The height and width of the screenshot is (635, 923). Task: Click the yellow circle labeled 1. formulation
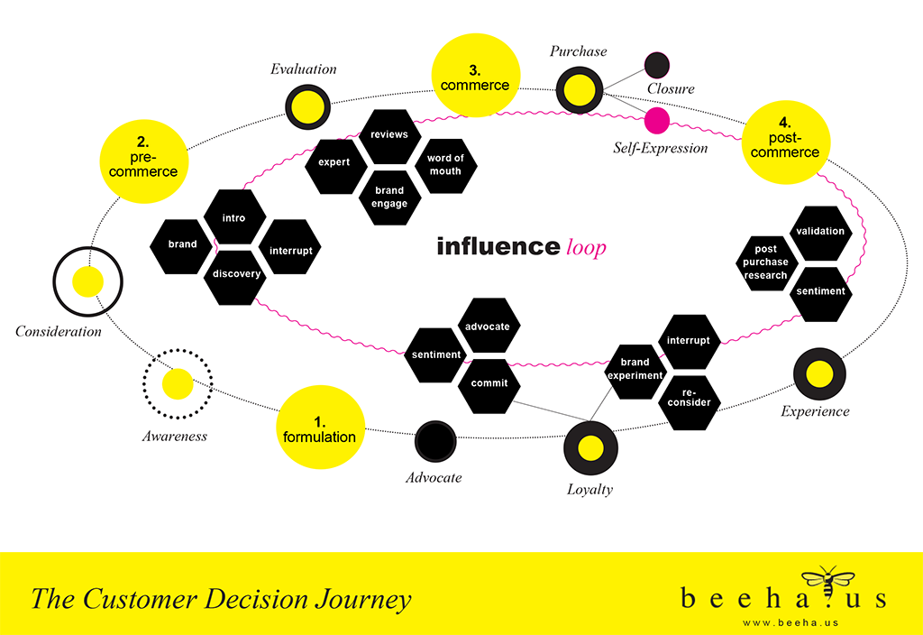(x=319, y=428)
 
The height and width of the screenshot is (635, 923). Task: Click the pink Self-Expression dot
(x=656, y=120)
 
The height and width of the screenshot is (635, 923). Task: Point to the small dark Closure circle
(x=657, y=64)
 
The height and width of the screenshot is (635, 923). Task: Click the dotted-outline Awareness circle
(x=178, y=384)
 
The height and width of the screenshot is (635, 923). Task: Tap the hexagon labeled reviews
(x=389, y=134)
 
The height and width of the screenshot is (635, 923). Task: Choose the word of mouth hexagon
(x=445, y=164)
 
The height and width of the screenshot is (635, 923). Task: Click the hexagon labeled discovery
(x=236, y=274)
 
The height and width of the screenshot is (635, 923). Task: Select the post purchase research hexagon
(x=765, y=262)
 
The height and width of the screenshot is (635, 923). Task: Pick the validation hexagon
(x=820, y=231)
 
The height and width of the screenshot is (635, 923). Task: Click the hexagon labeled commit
(x=489, y=382)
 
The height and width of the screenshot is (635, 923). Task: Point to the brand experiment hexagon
(x=635, y=369)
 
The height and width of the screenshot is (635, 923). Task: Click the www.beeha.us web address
(x=783, y=621)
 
